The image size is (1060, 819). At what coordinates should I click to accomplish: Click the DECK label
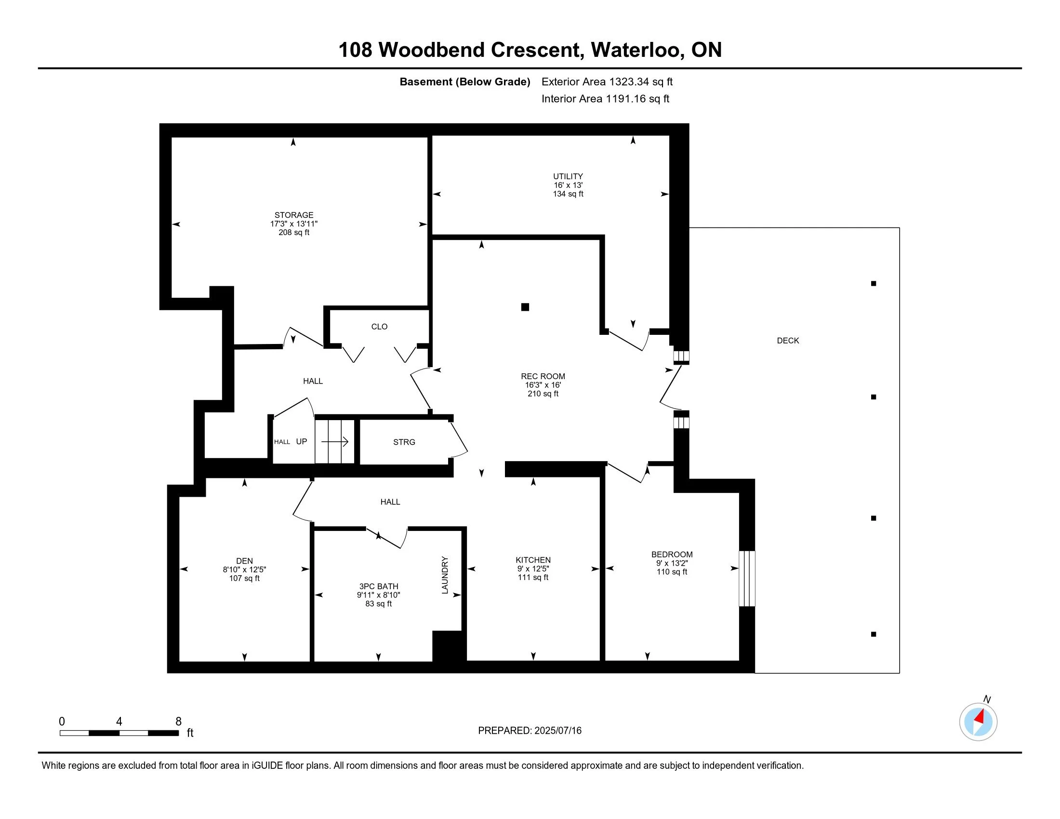tap(788, 341)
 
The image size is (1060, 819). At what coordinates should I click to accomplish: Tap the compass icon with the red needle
tap(978, 722)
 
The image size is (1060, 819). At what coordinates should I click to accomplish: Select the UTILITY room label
tap(568, 176)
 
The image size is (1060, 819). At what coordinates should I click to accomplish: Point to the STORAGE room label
tap(293, 215)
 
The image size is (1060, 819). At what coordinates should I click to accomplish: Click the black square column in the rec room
tap(525, 306)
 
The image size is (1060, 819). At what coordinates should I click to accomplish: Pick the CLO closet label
tap(379, 327)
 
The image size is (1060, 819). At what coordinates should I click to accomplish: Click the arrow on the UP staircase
tap(335, 441)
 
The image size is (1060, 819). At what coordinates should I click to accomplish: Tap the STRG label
tap(404, 442)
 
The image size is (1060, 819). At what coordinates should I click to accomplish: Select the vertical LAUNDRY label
tap(445, 575)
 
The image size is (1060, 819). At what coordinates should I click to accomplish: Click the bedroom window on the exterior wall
tap(747, 578)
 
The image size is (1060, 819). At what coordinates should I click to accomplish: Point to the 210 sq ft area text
tap(543, 394)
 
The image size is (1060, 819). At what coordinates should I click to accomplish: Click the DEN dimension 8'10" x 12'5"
tap(244, 569)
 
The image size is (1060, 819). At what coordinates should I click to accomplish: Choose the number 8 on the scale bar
tap(178, 721)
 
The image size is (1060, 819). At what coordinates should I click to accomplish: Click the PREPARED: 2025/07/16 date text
tap(530, 730)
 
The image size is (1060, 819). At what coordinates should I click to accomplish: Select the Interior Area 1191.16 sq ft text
tap(605, 98)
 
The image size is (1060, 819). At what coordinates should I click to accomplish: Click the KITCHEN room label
tap(533, 560)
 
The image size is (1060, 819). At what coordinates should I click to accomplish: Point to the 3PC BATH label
tap(379, 586)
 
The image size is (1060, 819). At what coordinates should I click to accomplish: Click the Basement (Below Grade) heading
tap(464, 81)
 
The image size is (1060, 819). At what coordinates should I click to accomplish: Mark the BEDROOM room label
tap(672, 554)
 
